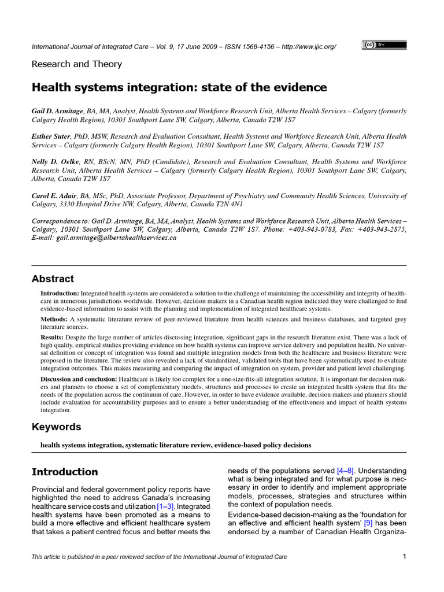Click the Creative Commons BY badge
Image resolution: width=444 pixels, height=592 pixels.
384,45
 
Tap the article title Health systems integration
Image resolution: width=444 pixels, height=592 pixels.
179,87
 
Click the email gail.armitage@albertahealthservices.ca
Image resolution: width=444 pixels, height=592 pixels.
114,238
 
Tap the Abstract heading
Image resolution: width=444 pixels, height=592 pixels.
53,278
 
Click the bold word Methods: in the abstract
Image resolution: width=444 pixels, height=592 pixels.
54,319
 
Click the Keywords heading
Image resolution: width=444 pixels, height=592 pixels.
56,427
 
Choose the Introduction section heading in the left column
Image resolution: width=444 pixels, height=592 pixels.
65,472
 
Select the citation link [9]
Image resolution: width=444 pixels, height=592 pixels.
369,523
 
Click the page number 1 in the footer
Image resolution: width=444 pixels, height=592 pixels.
404,557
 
